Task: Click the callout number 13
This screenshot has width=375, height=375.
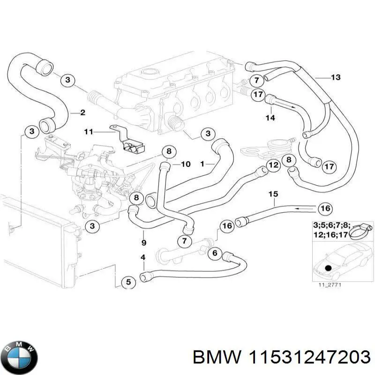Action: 336,77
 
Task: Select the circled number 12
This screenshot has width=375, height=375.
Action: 274,165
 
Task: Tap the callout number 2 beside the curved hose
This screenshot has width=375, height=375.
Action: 82,112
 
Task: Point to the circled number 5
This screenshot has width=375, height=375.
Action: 128,282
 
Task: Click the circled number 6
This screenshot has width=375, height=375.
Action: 215,254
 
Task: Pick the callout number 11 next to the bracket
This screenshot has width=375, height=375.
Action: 89,132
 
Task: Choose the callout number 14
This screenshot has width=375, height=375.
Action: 270,118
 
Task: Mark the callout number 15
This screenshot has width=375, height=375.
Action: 273,194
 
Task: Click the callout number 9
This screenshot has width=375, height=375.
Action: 143,242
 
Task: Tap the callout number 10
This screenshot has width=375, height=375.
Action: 186,164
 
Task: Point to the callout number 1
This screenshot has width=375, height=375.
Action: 202,164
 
